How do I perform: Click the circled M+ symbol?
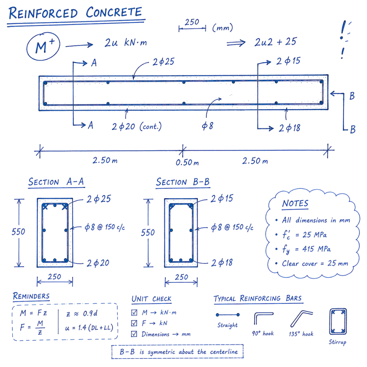pos(43,46)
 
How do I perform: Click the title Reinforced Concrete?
pos(75,13)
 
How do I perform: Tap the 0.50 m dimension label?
pos(187,163)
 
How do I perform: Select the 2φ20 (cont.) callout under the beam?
pos(136,127)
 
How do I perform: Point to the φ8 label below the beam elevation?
pos(207,126)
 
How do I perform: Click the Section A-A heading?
pos(56,182)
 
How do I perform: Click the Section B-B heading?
pos(183,182)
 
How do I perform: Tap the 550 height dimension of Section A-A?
pos(18,232)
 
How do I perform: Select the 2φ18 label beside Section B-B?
pos(222,263)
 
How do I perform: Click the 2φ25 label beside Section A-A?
pos(98,199)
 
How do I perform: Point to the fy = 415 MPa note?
pos(306,249)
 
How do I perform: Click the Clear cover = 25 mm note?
pos(315,264)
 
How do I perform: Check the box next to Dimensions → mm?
pos(134,334)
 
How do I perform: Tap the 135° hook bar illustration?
pos(301,318)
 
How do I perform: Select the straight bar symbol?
pos(228,315)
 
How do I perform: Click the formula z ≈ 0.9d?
pos(82,313)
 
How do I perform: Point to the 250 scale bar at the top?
pos(192,28)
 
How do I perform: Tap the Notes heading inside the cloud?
pos(295,203)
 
